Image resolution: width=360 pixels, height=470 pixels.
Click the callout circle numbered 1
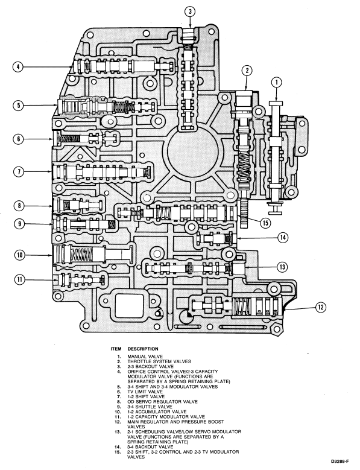[x=276, y=83]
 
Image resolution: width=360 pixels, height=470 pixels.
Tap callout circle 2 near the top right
[x=247, y=71]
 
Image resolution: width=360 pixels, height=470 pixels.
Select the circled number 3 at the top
[x=190, y=11]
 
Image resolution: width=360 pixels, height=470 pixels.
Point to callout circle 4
[x=18, y=66]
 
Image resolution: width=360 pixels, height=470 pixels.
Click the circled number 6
[x=19, y=139]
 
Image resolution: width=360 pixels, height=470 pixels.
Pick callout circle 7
[x=19, y=172]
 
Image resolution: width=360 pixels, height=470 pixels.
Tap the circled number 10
[x=20, y=255]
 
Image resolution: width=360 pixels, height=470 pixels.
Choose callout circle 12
[x=320, y=307]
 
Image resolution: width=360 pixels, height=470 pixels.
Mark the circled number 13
[x=282, y=267]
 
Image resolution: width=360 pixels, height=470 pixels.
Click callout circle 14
[x=282, y=238]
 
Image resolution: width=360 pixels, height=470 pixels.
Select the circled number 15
[x=265, y=223]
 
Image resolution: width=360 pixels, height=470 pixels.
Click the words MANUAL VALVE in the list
[x=145, y=357]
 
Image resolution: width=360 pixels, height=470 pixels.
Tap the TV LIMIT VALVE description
[x=145, y=392]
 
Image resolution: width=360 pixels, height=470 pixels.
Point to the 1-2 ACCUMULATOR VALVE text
[x=157, y=411]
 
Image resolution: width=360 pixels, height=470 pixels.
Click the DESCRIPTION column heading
[x=143, y=349]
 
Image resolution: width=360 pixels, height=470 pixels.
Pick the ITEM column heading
[x=116, y=349]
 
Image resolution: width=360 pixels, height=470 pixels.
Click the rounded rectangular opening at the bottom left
[x=130, y=306]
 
